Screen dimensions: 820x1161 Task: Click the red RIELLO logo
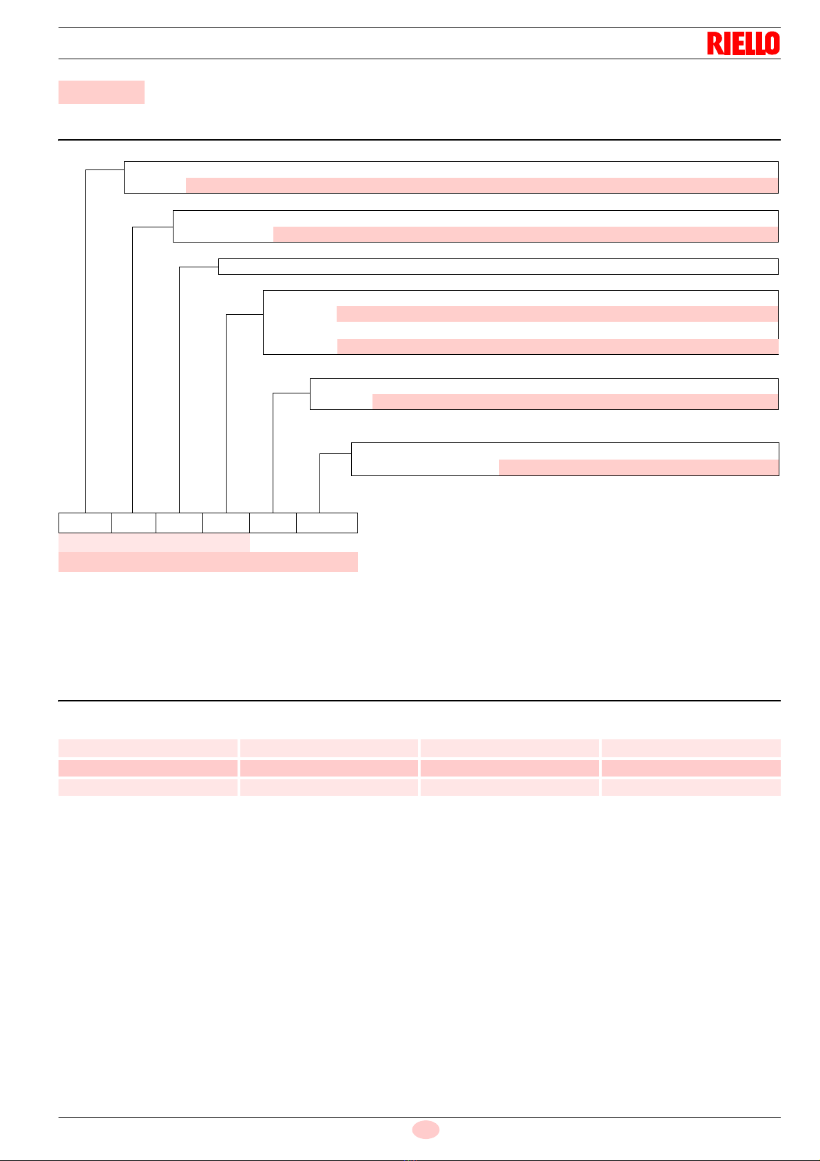743,43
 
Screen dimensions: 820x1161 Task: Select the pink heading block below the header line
101,92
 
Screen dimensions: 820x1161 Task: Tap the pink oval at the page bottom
425,1129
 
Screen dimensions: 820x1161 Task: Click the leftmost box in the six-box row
85,523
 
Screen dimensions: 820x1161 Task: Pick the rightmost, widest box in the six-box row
327,523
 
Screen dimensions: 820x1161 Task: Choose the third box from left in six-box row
179,523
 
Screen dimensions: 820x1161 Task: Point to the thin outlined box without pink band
498,267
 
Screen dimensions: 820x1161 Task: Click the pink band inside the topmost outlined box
481,185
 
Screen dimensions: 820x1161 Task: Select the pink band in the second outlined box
525,234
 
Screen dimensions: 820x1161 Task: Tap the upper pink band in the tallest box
557,314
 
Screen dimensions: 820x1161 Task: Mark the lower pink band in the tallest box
557,346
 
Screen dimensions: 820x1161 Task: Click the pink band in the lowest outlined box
638,467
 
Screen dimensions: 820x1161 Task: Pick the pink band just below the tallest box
575,402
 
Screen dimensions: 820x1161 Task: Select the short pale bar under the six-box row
154,542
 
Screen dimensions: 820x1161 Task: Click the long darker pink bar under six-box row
208,562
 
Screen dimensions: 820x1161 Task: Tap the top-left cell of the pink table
148,748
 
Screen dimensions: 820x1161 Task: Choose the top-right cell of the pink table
691,748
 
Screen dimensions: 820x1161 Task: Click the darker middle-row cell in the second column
328,768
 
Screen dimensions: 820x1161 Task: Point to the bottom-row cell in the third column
509,788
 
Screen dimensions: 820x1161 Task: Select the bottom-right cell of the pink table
691,788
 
